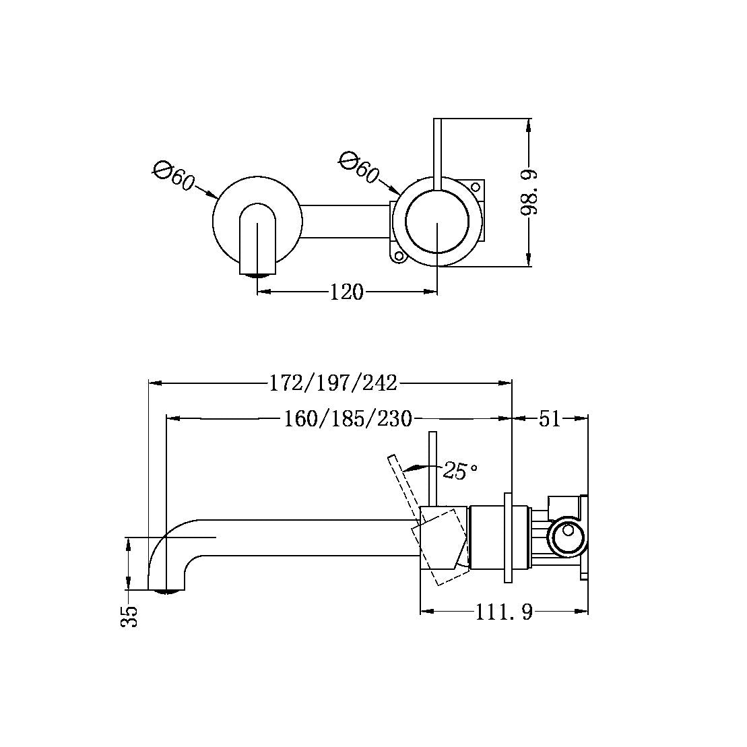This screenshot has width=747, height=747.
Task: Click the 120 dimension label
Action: coord(346,292)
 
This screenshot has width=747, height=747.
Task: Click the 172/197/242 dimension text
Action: coord(333,383)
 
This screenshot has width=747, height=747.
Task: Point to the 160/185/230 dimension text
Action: coord(347,419)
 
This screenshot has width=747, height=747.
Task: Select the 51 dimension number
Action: coord(550,419)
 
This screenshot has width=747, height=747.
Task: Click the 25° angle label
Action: coord(460,471)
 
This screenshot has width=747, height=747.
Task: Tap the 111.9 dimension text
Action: coord(504,612)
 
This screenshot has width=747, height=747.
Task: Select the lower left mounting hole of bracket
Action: coord(398,256)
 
